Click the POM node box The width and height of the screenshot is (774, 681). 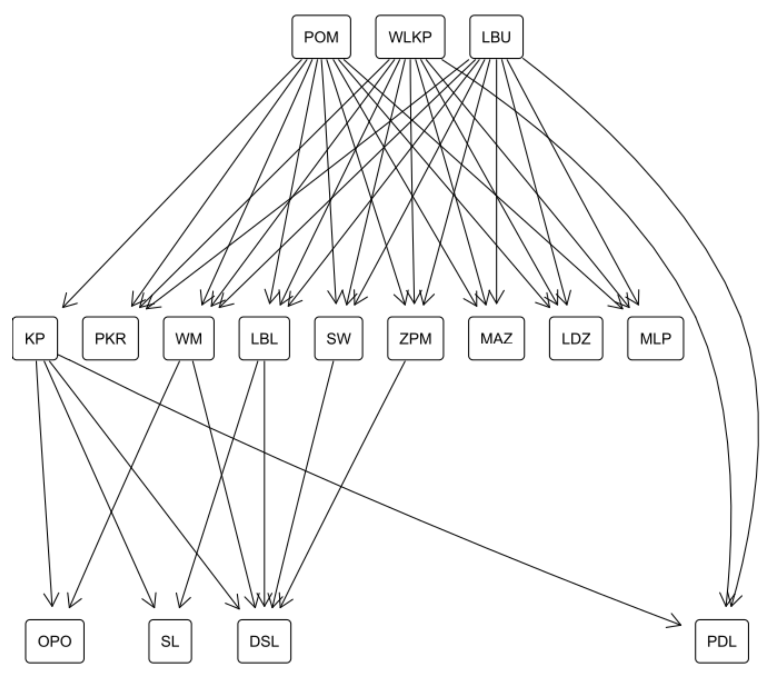pos(321,37)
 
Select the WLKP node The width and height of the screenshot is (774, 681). pos(410,37)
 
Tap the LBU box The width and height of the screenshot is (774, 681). pos(496,37)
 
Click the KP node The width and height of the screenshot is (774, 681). pos(35,338)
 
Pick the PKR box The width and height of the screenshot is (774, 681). pos(110,338)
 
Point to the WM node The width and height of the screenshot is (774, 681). pos(189,338)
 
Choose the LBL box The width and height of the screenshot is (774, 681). pos(264,338)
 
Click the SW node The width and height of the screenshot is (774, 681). pos(339,338)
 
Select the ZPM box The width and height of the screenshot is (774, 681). pos(415,338)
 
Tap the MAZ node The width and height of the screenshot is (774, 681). pos(496,338)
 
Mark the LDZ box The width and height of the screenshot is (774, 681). pos(576,338)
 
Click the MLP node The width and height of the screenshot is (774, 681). pos(655,338)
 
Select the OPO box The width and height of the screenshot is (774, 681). pos(55,641)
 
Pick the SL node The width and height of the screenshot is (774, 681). pos(170,641)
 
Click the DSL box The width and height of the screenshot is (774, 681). pos(264,641)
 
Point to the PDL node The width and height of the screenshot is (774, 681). pos(722,641)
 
